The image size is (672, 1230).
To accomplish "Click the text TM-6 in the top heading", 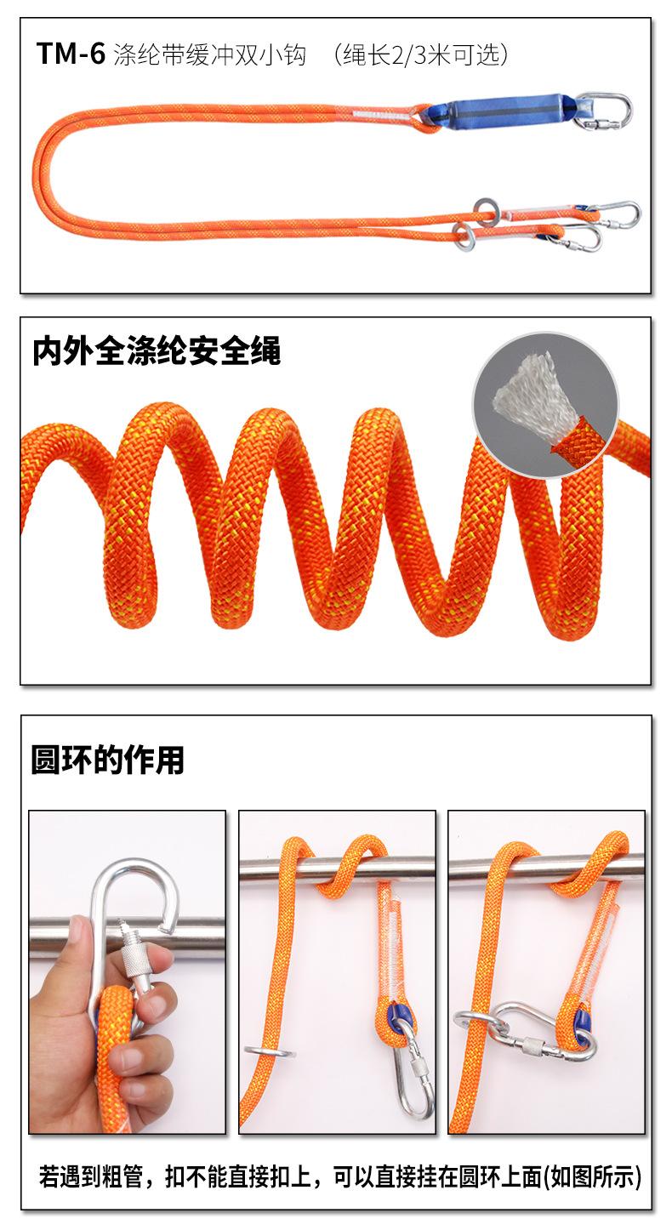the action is [71, 54].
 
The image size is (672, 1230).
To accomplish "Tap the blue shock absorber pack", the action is [510, 112].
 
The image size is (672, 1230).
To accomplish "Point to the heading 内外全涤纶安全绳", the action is [157, 350].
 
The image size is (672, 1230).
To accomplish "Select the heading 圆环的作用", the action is [107, 759].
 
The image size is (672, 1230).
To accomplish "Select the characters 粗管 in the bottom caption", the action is [122, 1177].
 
